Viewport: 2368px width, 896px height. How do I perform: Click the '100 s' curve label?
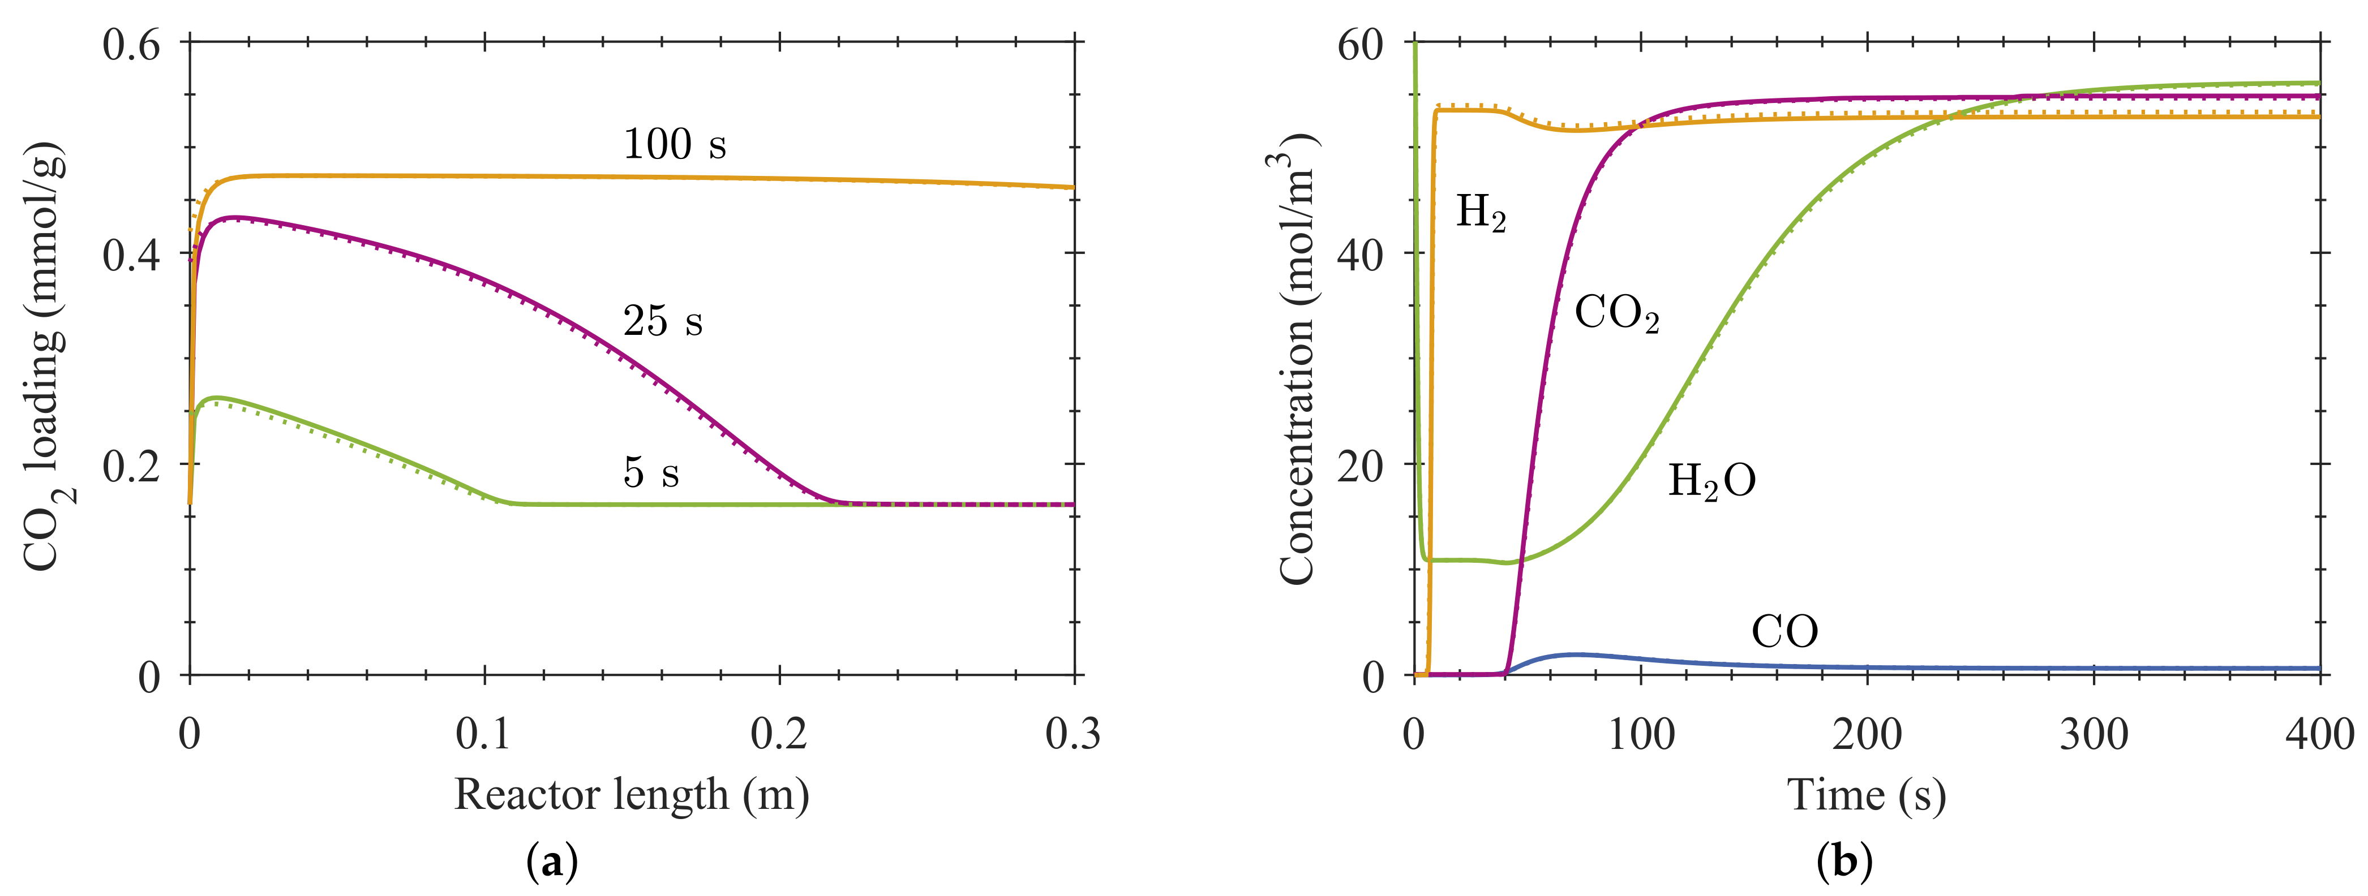pos(674,144)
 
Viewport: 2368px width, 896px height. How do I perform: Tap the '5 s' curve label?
pos(651,472)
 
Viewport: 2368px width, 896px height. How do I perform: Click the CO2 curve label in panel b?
pos(1616,315)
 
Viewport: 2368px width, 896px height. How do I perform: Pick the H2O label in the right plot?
pos(1711,481)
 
